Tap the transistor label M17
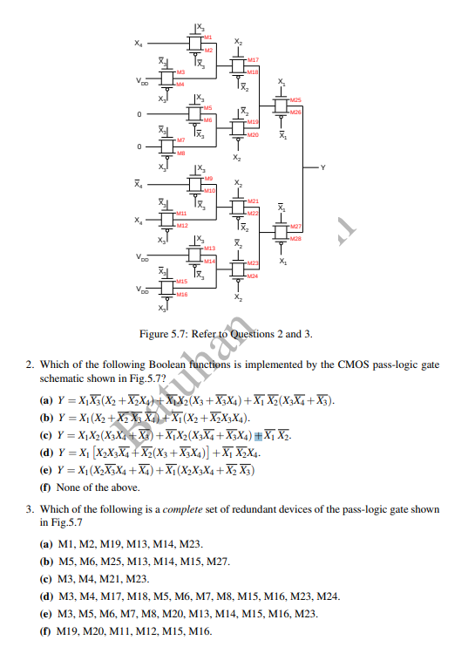(253, 59)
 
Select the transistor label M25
(295, 100)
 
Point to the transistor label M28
(295, 236)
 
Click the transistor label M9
(208, 179)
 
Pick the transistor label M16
(181, 295)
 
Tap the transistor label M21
(253, 201)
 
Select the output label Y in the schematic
(322, 167)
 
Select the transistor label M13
(209, 249)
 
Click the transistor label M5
(208, 107)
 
